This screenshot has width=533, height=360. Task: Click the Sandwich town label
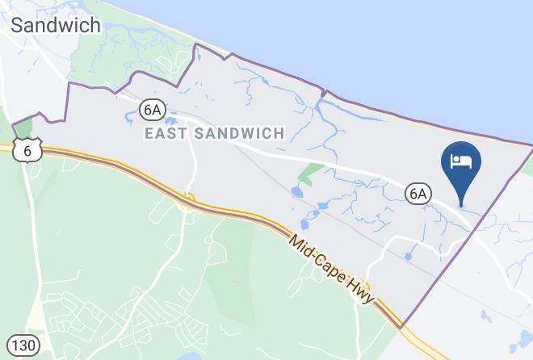56,25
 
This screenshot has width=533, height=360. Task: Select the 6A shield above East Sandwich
151,107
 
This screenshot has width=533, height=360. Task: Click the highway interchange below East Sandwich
189,199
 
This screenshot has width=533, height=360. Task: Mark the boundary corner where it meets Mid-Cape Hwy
401,327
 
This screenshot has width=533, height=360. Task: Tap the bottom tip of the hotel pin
462,203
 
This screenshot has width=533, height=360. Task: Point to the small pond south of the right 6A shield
409,256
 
